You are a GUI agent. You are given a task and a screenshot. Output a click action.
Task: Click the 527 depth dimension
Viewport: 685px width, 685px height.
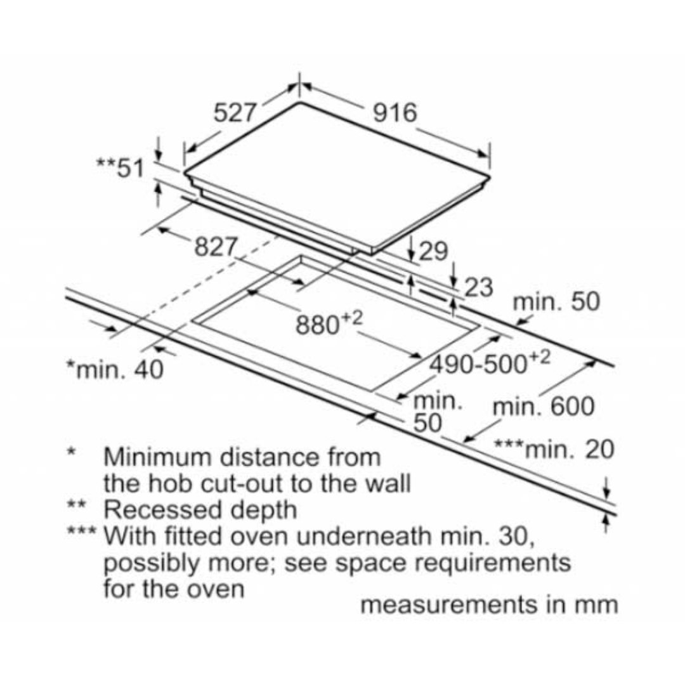234,113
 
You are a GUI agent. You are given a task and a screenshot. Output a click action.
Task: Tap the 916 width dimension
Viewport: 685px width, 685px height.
395,113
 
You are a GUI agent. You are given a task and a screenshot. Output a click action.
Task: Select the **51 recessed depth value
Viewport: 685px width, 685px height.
120,167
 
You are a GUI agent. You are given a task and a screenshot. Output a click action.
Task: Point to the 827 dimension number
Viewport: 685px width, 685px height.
216,247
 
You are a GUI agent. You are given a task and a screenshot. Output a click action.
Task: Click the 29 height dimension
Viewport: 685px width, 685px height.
433,251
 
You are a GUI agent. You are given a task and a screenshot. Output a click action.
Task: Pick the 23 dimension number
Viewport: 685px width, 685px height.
478,287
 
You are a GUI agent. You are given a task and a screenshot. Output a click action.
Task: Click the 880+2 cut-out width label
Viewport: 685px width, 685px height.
329,323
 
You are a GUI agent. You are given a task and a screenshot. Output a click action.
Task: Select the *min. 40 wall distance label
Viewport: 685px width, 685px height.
115,369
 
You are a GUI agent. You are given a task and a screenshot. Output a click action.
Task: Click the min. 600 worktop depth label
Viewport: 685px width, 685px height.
544,407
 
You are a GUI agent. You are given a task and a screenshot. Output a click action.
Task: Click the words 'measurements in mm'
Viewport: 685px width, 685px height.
489,605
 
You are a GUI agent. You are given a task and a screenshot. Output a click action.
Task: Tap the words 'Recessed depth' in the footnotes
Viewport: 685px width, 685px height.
200,510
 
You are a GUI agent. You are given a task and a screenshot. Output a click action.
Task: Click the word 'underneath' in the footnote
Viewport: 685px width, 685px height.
364,536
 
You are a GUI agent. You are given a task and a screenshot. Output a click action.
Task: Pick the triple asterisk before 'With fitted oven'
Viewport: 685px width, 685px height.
81,532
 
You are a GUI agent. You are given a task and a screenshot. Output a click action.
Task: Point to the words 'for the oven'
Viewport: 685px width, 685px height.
174,589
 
